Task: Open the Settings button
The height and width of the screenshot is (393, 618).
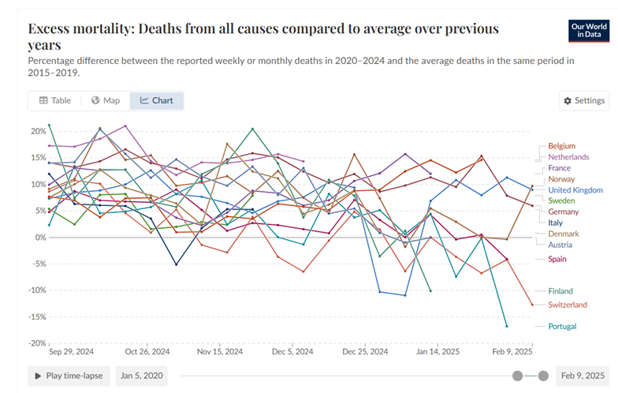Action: (584, 101)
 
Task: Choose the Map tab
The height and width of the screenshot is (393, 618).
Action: (106, 101)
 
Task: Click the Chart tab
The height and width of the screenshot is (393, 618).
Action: (156, 101)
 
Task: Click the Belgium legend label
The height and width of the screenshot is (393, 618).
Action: (561, 146)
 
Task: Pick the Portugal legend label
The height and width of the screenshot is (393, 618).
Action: (562, 326)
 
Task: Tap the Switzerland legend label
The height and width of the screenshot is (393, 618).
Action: (568, 305)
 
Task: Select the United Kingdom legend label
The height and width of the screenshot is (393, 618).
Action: (575, 190)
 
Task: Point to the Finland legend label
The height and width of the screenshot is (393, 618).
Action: (560, 291)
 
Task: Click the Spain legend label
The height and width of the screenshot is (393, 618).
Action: (558, 259)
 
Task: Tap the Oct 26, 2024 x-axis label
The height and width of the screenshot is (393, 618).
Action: (147, 352)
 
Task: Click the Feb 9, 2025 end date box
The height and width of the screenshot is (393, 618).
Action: (583, 376)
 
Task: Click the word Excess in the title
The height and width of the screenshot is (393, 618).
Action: (57, 29)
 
